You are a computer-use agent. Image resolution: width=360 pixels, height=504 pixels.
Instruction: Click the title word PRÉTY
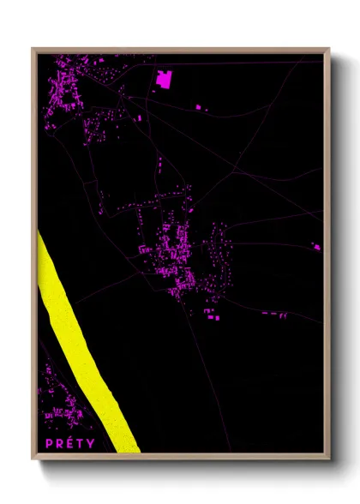[x=71, y=443]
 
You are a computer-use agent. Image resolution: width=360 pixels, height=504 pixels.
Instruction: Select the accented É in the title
[x=71, y=442]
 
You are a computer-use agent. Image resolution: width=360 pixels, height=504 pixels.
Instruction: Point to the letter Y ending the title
[x=91, y=443]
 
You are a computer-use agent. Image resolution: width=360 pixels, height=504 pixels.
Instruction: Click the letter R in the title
[x=60, y=443]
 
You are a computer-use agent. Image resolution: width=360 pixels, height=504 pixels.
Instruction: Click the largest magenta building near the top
[x=164, y=80]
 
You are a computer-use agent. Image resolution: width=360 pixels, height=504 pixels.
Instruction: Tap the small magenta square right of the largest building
[x=198, y=106]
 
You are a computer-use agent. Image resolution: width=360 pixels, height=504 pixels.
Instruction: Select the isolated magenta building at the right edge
[x=315, y=247]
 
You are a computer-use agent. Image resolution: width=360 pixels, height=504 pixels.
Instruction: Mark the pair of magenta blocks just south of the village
[x=212, y=314]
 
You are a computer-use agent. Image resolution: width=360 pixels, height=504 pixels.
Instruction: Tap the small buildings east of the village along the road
[x=274, y=314]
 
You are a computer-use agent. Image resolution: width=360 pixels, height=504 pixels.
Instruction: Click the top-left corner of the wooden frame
[x=33, y=50]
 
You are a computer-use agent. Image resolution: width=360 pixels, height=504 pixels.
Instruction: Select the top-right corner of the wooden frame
[x=328, y=50]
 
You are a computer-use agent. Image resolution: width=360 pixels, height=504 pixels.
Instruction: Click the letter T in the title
[x=81, y=443]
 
